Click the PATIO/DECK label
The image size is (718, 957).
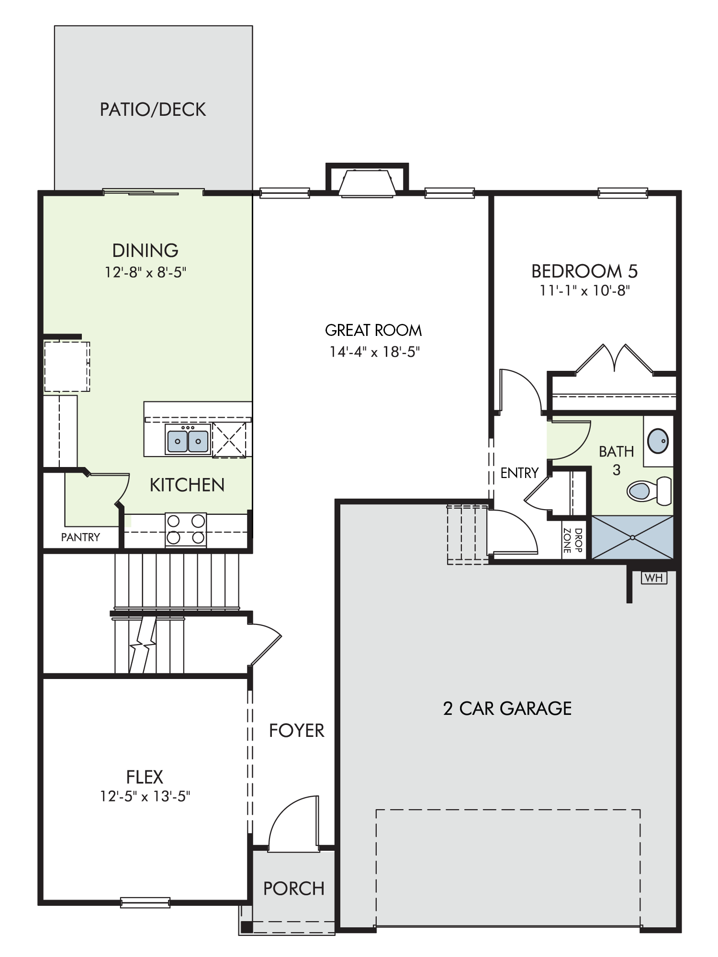153,110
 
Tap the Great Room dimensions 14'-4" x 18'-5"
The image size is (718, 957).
374,352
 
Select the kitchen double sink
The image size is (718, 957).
188,439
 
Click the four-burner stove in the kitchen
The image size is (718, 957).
186,530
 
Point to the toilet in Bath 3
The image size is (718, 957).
650,490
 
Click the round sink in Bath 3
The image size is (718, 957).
658,441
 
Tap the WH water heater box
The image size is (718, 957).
654,578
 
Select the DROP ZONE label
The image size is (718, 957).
573,540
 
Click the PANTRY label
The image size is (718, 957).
80,537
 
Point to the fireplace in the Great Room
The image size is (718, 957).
367,182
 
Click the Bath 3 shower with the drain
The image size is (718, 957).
632,537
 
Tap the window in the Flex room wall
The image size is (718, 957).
145,902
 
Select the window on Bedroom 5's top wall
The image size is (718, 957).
623,193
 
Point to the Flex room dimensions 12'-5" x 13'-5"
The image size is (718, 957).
145,796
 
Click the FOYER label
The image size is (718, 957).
296,731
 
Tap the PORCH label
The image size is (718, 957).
294,889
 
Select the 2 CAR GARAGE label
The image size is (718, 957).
507,709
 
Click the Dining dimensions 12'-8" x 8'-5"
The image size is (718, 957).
146,272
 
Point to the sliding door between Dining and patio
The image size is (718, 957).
153,192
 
